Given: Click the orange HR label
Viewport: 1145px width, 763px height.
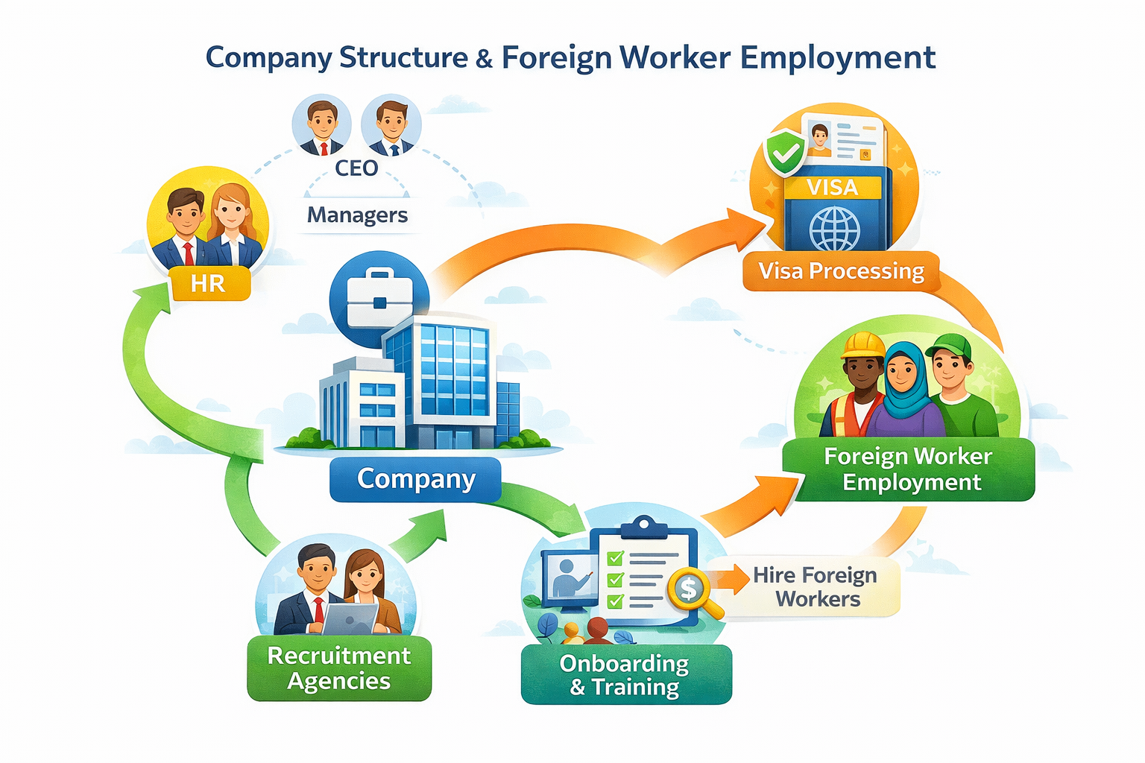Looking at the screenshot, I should [208, 284].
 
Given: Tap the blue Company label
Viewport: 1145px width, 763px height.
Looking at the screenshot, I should [415, 478].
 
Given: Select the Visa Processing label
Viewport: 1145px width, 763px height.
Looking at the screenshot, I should [841, 271].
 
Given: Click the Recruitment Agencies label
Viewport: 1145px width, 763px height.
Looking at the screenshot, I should [339, 668].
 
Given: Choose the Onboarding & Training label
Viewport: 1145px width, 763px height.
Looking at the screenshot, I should [625, 674].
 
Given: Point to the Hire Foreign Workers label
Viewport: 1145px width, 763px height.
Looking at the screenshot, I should [816, 587].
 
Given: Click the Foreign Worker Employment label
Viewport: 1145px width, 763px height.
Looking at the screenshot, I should [908, 469].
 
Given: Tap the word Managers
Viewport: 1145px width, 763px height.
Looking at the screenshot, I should [357, 215].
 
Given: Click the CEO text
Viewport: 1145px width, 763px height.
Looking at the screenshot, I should [356, 168].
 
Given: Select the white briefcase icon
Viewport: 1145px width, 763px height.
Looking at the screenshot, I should [379, 300].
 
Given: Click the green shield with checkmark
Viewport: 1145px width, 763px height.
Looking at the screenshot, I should [785, 153].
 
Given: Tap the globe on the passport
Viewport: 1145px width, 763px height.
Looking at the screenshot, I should [834, 229].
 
